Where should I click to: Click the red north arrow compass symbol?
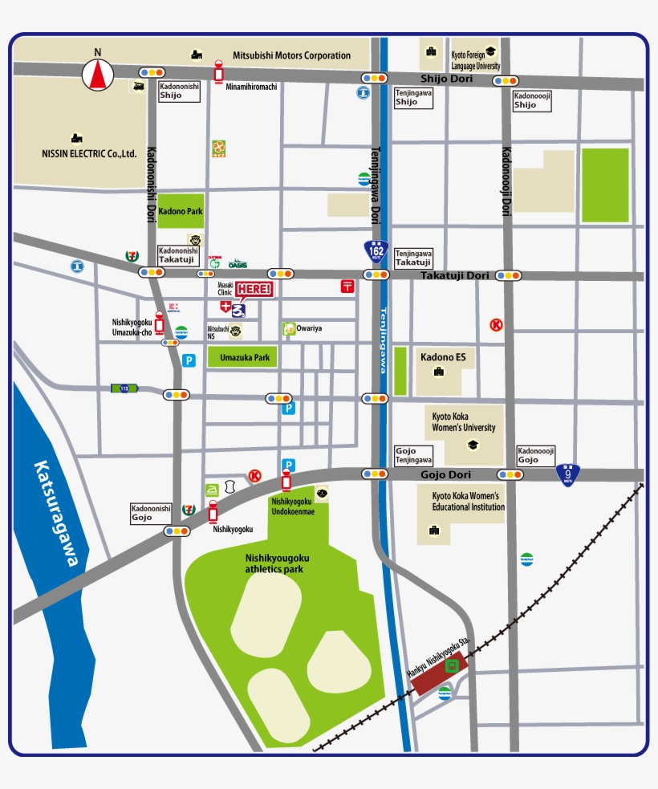point(98,75)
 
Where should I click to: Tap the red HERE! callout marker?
point(254,290)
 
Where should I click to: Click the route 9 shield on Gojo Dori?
point(568,475)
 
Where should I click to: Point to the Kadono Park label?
point(181,212)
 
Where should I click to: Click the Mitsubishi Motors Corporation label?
point(291,55)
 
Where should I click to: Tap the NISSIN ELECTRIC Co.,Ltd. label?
point(90,153)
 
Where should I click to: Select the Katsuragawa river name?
point(56,514)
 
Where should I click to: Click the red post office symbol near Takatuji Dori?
point(347,286)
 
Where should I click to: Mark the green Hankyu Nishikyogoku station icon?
point(452,664)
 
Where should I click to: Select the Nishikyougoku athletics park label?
point(277,563)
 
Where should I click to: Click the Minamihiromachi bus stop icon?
point(218,71)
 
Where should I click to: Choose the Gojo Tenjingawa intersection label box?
point(413,456)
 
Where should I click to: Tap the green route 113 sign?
point(124,388)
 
